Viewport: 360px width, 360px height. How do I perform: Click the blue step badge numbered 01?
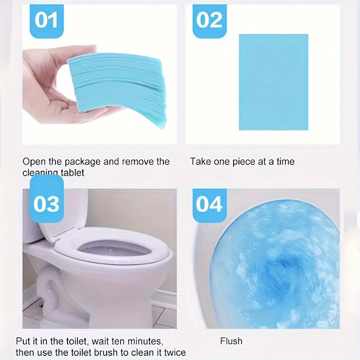click(x=46, y=21)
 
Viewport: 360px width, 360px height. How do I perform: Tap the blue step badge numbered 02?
click(x=210, y=21)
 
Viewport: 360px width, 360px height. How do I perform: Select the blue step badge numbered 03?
click(x=46, y=203)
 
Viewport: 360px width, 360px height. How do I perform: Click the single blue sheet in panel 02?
click(x=273, y=82)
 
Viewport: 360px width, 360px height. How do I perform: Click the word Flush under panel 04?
click(x=231, y=341)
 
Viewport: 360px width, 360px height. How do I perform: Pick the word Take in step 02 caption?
click(x=198, y=162)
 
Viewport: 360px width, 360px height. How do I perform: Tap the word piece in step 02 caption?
click(x=244, y=162)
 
